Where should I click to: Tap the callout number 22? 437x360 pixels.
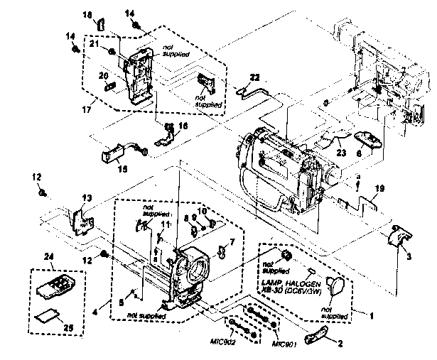click(x=254, y=77)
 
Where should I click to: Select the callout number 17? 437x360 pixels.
click(x=88, y=110)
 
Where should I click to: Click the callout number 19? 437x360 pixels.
click(x=379, y=189)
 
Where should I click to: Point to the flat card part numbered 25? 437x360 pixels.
click(x=44, y=314)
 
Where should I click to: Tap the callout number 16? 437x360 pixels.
click(x=183, y=125)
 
